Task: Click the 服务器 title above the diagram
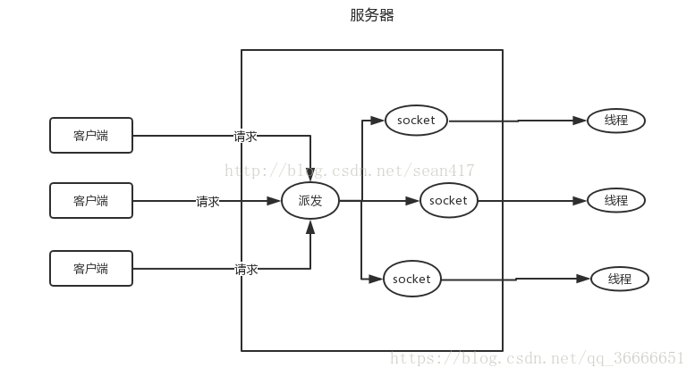pos(372,15)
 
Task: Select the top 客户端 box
pos(90,136)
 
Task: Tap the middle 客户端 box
pos(90,201)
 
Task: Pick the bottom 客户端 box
pos(90,268)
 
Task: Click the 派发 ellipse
pos(310,201)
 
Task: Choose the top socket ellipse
pos(416,120)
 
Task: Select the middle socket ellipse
pos(448,201)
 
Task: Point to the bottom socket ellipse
pos(411,279)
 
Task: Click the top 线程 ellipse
pos(616,120)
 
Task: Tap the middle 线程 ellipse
pos(616,200)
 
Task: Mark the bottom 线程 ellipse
pos(619,279)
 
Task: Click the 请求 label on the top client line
pos(246,137)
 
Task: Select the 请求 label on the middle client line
pos(208,202)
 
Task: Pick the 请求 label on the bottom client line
pos(246,269)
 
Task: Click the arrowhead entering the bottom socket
pos(377,279)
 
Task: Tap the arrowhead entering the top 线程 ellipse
pos(580,120)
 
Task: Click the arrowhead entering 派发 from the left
pos(274,201)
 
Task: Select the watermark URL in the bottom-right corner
pos(538,358)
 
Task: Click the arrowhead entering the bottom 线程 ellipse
pos(583,279)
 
